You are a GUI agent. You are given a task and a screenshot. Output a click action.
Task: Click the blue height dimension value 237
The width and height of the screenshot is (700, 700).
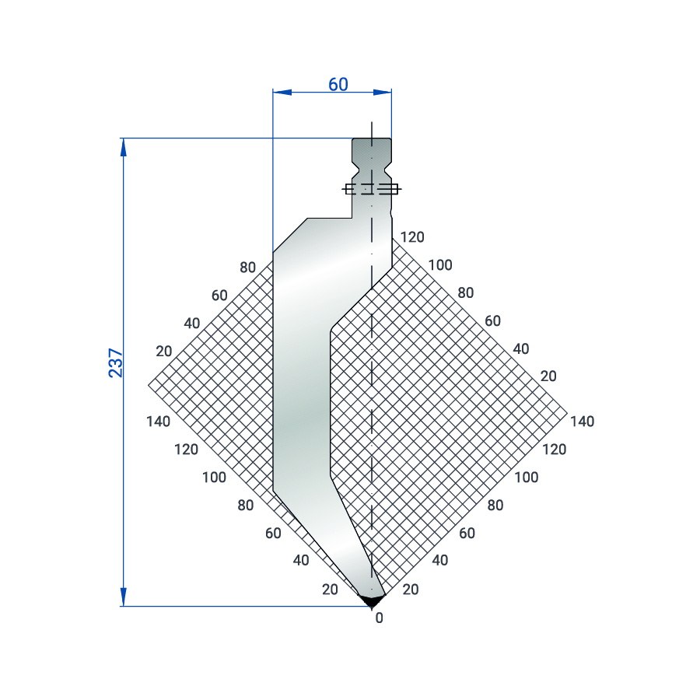[x=116, y=363]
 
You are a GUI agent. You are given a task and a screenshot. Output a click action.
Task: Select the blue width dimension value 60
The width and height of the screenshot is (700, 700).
[x=338, y=84]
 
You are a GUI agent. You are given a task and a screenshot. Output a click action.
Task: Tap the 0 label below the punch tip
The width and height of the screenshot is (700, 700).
[x=379, y=618]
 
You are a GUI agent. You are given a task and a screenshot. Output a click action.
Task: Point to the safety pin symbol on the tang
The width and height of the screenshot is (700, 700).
[x=372, y=189]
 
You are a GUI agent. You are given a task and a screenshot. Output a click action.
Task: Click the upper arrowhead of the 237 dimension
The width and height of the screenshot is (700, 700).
[x=124, y=147]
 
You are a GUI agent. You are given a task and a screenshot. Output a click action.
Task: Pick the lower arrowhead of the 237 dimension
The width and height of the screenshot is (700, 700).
[x=124, y=597]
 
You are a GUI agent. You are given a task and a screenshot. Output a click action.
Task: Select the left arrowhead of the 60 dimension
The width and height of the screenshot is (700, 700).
[x=282, y=93]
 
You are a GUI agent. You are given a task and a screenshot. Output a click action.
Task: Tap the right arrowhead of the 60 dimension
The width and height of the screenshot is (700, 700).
[x=382, y=93]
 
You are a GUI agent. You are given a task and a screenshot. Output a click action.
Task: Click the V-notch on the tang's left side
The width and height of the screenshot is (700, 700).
[x=355, y=170]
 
